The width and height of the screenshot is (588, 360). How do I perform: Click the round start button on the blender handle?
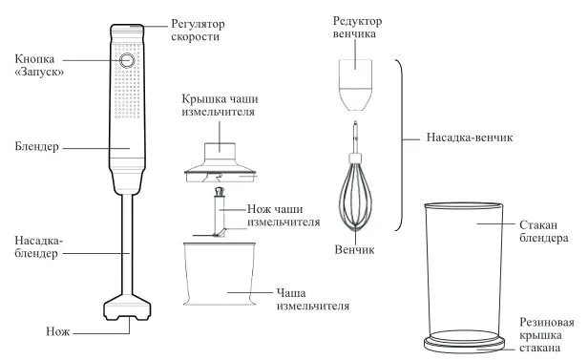coord(127,60)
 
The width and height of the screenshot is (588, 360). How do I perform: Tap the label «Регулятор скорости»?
coord(198,30)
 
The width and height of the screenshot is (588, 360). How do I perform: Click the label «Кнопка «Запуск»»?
coord(39,65)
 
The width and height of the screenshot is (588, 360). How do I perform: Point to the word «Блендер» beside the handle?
coord(36,147)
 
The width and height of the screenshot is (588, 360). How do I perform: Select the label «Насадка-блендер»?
coord(38,246)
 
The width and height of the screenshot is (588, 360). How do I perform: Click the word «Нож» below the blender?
coord(57,331)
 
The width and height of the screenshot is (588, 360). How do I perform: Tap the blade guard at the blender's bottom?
coord(127,307)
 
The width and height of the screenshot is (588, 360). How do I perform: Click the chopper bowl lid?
coord(220,162)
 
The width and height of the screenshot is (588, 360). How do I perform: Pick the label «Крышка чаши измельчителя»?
coord(220,105)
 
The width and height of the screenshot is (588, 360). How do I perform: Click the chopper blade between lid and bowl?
coord(219,213)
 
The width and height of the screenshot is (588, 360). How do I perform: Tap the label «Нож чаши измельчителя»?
coord(283,215)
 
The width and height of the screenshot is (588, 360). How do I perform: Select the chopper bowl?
coord(220,274)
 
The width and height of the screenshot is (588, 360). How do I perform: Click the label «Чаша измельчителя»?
coord(313,299)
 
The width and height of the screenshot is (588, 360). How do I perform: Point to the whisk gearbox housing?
coord(355,85)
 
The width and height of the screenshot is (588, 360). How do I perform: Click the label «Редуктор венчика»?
coord(357,27)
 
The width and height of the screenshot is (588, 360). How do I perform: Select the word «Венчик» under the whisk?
coord(354,250)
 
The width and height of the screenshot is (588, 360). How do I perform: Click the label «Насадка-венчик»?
coord(470,138)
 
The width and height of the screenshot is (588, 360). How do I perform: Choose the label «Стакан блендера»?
coord(544,231)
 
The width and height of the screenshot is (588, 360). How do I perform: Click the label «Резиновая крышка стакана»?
coord(547,335)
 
